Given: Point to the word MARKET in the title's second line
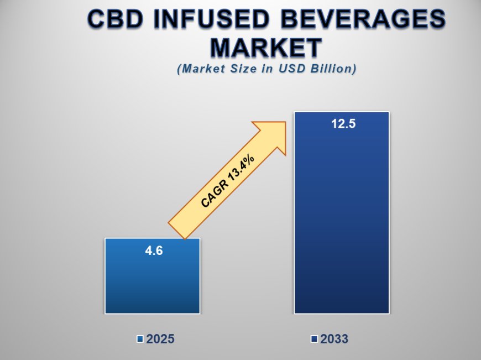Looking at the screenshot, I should [266, 48].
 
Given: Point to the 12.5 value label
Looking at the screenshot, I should [342, 123].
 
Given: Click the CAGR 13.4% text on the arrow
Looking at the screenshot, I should [228, 181].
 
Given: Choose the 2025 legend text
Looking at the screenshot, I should [160, 339].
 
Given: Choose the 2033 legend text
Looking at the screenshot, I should [334, 339].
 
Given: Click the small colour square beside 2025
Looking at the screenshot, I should [140, 339].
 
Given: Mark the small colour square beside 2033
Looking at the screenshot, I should [314, 339].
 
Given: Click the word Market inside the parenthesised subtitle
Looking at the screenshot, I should [204, 69].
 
